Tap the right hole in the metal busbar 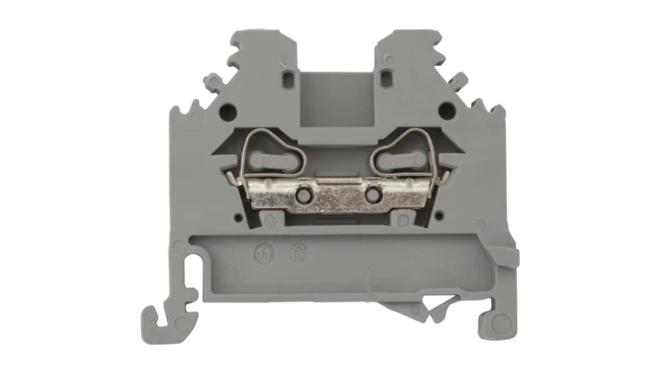click(x=373, y=196)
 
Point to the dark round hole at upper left click(x=228, y=111)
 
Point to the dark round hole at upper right click(x=445, y=111)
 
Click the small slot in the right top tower click(x=387, y=80)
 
